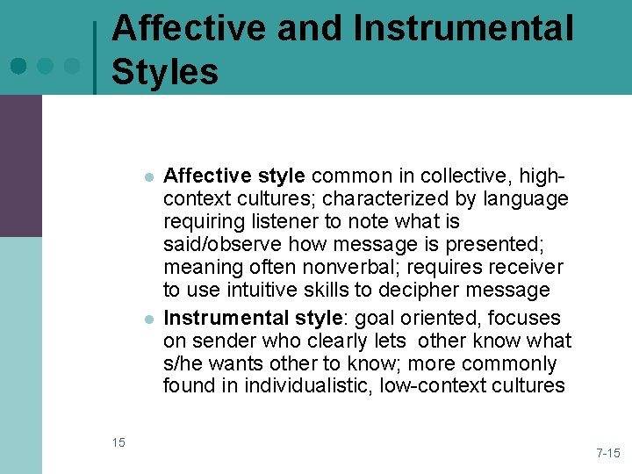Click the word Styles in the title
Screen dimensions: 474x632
click(x=165, y=70)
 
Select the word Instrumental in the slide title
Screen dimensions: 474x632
click(x=463, y=28)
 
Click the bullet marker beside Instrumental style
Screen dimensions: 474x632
click(x=150, y=319)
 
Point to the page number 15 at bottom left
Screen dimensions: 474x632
click(x=118, y=442)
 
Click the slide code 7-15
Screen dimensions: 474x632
click(x=607, y=453)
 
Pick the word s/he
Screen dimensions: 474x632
click(x=183, y=363)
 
